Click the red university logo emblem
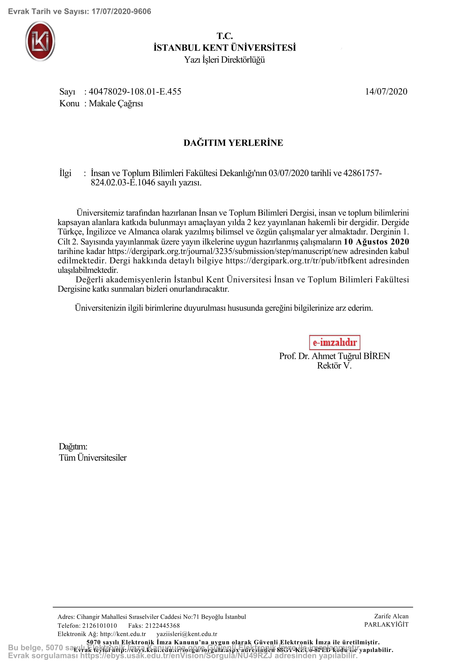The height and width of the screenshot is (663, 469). [x=40, y=41]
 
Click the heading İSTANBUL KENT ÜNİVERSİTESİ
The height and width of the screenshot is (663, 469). [x=224, y=48]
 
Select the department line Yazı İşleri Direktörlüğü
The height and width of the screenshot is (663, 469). [x=224, y=60]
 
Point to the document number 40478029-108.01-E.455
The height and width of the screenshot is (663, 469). [x=135, y=92]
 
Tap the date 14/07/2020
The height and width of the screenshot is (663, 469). [x=386, y=92]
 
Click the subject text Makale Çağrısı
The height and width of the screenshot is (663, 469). [x=116, y=103]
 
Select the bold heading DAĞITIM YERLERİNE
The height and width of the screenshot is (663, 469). [x=233, y=143]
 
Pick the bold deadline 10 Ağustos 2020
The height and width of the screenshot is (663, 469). [x=376, y=242]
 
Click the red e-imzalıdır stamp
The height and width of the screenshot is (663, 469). [x=335, y=342]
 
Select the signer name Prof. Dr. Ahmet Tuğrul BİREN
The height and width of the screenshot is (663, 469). [x=334, y=356]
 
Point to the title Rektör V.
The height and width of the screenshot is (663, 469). [x=334, y=366]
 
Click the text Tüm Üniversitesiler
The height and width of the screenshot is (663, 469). [x=93, y=458]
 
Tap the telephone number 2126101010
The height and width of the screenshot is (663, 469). [x=100, y=626]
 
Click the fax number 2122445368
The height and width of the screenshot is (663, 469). [x=162, y=626]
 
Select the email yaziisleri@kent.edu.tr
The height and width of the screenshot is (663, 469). [x=187, y=634]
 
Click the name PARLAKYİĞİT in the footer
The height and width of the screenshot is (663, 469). [x=386, y=625]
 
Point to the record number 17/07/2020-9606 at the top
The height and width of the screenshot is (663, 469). [x=121, y=12]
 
